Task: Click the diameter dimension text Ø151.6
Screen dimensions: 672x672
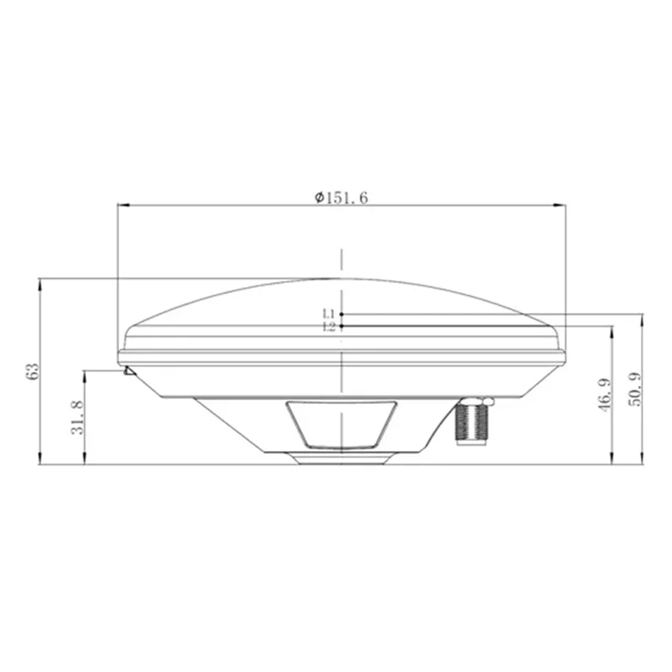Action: pyautogui.click(x=341, y=197)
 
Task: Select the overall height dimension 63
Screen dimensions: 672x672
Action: pyautogui.click(x=32, y=370)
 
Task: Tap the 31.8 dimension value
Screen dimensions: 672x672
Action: pyautogui.click(x=76, y=417)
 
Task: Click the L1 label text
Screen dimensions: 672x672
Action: pyautogui.click(x=329, y=314)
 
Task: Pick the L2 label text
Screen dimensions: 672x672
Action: pyautogui.click(x=329, y=327)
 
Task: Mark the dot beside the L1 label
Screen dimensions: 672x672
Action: pyautogui.click(x=342, y=314)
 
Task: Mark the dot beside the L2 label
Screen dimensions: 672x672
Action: pyautogui.click(x=342, y=326)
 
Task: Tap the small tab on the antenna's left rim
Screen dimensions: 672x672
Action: pyautogui.click(x=128, y=370)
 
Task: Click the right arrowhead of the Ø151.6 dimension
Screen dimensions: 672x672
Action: pyautogui.click(x=559, y=204)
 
